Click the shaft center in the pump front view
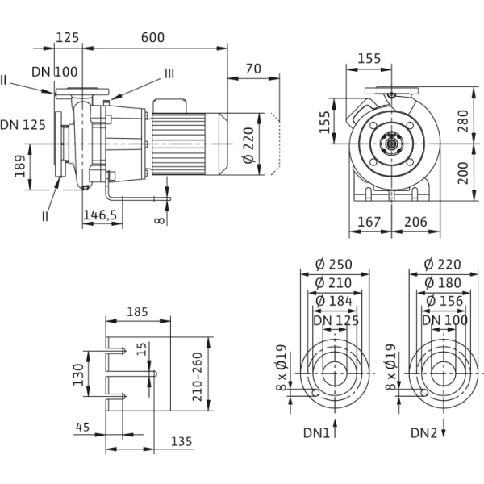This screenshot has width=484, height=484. pos(393,145)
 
